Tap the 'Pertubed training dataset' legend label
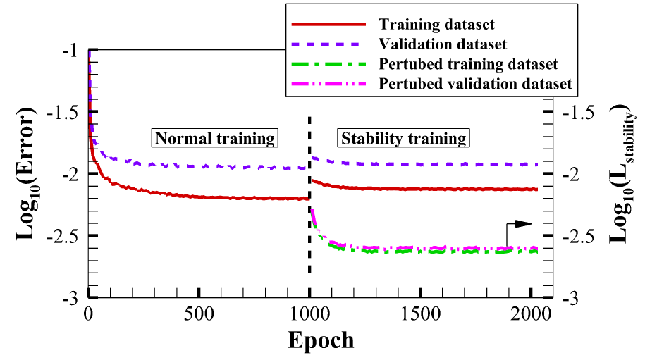pyautogui.click(x=468, y=64)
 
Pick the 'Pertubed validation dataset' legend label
pyautogui.click(x=475, y=85)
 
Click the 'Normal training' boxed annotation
pyautogui.click(x=215, y=137)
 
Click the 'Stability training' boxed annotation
pyautogui.click(x=403, y=137)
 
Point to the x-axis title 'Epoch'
pyautogui.click(x=320, y=340)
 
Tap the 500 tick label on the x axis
pyautogui.click(x=199, y=313)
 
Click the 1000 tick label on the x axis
pyautogui.click(x=309, y=313)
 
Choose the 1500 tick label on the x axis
pyautogui.click(x=420, y=313)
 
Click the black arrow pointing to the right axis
pyautogui.click(x=520, y=224)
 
